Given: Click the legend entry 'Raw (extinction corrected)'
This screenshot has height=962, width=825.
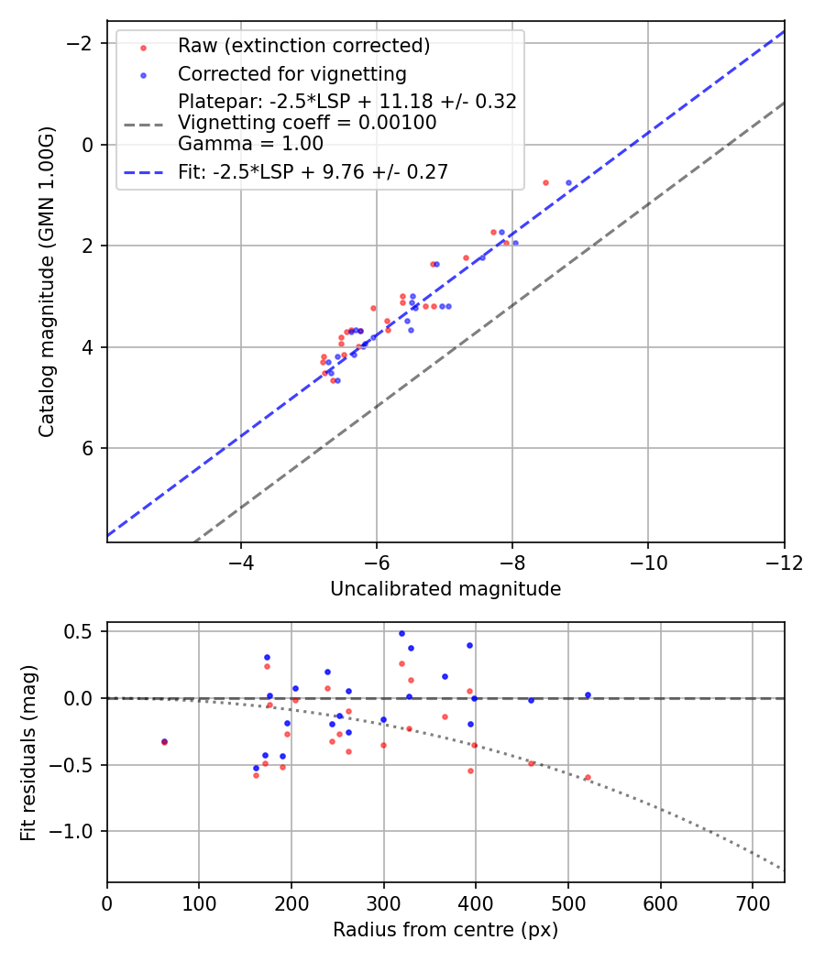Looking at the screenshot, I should tap(303, 46).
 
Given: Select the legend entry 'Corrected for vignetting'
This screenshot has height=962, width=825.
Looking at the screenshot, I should tap(291, 73).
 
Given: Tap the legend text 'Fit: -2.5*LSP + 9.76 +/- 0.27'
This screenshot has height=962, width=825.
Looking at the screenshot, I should tap(313, 171).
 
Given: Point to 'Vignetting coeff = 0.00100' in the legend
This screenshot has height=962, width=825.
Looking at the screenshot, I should tap(307, 122).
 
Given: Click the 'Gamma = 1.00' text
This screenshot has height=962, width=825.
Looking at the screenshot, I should tap(250, 143).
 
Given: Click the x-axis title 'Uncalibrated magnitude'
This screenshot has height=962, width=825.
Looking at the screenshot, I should tap(445, 589).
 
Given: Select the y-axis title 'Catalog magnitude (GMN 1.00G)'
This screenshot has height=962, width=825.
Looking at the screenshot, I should tap(47, 281).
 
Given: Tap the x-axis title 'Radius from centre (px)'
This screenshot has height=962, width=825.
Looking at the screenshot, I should tap(445, 930).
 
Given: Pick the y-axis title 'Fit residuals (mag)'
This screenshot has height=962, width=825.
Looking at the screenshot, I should tap(28, 752).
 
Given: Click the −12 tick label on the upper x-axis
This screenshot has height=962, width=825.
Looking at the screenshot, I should tap(784, 562).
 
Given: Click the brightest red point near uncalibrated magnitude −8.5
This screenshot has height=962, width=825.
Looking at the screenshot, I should tap(545, 182).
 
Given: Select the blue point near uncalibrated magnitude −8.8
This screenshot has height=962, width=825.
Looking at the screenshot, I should tap(568, 182).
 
